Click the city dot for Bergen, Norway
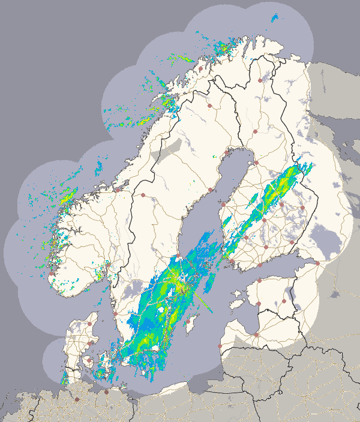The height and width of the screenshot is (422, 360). click(53, 273)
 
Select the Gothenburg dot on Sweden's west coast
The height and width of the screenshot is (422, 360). click(115, 312)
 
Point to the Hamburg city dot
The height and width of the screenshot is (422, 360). click(77, 399)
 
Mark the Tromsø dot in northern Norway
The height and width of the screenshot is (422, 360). click(200, 68)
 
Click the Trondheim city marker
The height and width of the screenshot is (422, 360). click(118, 189)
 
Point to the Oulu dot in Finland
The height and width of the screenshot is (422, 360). click(256, 162)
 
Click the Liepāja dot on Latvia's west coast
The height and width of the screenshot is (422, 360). click(220, 346)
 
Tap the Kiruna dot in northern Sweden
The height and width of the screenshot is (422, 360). click(209, 106)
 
